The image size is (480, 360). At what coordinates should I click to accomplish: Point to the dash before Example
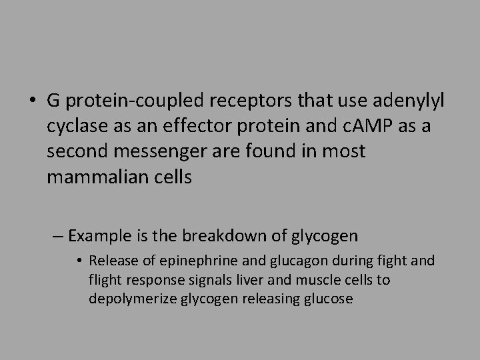pos(57,236)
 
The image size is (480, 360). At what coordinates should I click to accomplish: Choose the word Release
pos(109,261)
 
